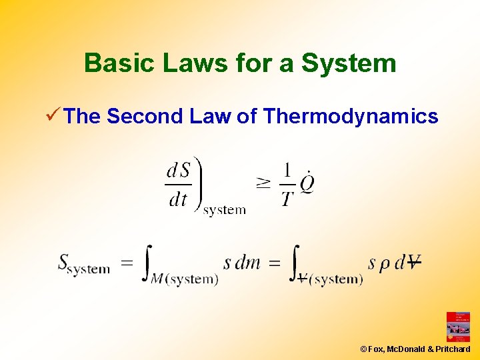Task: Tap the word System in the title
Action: click(x=349, y=63)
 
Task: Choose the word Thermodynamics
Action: click(x=351, y=117)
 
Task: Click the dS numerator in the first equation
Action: click(x=178, y=171)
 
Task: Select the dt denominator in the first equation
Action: click(x=177, y=199)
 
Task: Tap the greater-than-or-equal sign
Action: click(x=263, y=185)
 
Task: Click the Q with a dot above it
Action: click(x=307, y=183)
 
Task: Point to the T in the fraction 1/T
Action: click(x=287, y=199)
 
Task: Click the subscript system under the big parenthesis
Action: click(x=225, y=210)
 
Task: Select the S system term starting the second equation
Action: click(x=83, y=264)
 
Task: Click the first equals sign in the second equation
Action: click(x=127, y=263)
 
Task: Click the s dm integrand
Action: click(x=241, y=263)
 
